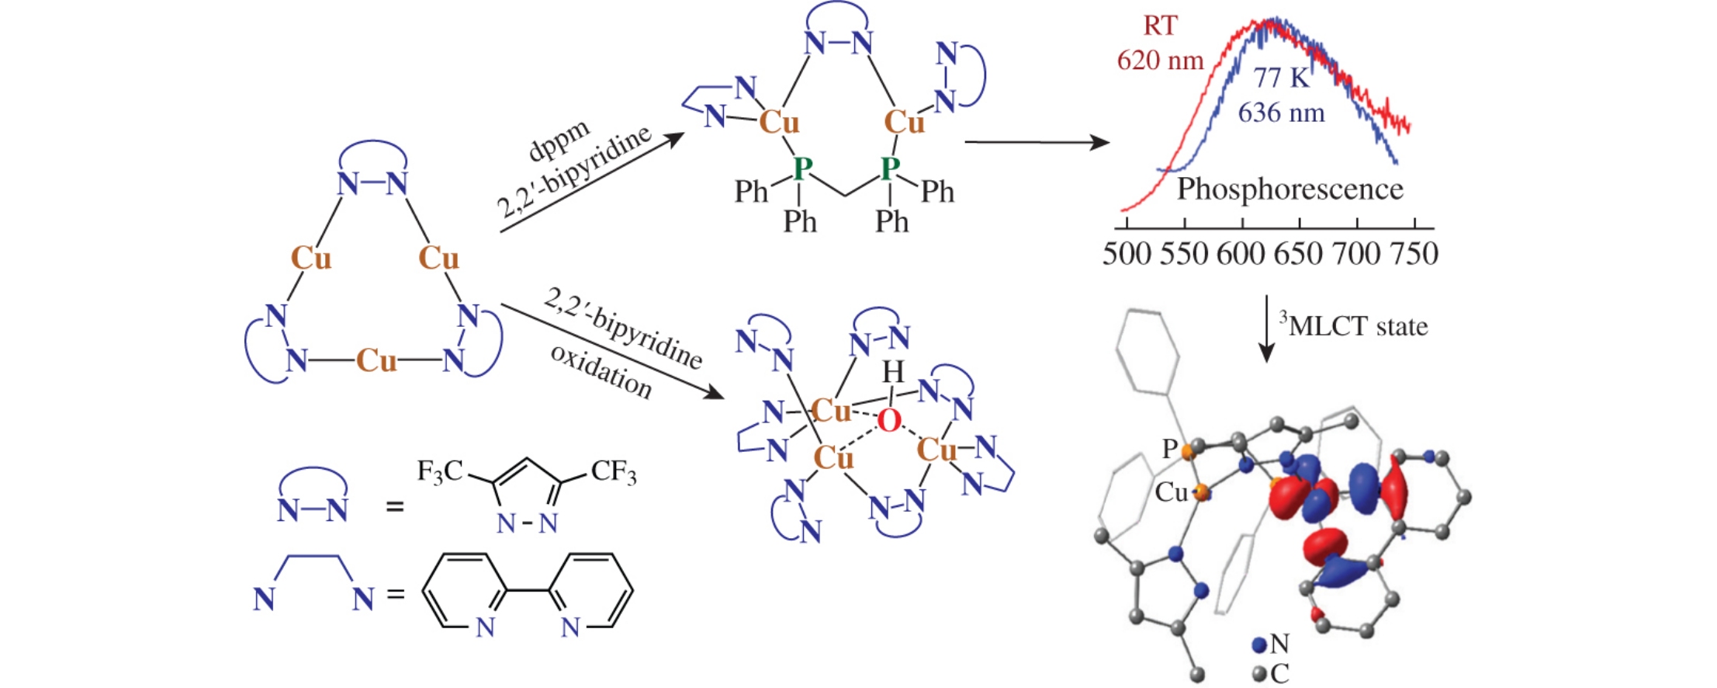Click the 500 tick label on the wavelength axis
1126,254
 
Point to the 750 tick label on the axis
1414,254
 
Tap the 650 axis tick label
1298,254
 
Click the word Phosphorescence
1289,189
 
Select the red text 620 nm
1160,61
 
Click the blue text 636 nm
1281,113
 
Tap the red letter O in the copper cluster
889,421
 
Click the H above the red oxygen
894,374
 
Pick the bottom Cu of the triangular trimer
376,361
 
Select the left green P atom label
802,167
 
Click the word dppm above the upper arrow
559,141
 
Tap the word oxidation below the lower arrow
601,371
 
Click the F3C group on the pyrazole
440,471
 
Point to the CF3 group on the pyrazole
614,471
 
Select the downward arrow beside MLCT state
1266,329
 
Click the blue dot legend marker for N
1259,645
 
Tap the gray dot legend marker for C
1259,673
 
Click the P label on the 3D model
1169,449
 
